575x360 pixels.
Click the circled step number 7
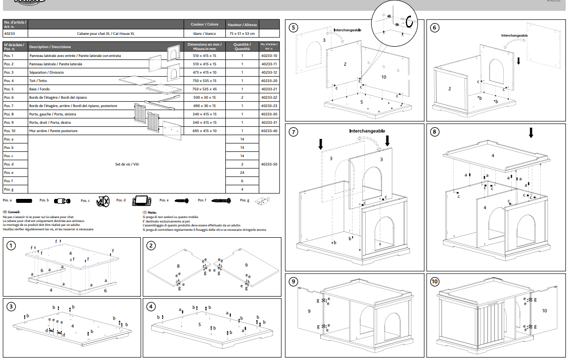coord(294,132)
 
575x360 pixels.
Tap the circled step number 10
coord(435,282)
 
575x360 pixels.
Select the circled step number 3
coord(11,307)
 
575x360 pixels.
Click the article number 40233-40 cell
coord(269,131)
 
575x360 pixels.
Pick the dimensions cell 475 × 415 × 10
coord(204,72)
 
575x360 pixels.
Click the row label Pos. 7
coord(9,106)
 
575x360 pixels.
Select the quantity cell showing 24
coord(242,173)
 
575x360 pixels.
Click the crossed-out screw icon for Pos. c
coord(103,201)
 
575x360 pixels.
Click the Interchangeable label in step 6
coord(514,36)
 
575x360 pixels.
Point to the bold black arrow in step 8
coord(531,133)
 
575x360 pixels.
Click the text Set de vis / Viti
coord(127,165)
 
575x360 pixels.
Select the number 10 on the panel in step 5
coord(383,77)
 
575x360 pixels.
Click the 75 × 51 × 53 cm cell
coord(242,33)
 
